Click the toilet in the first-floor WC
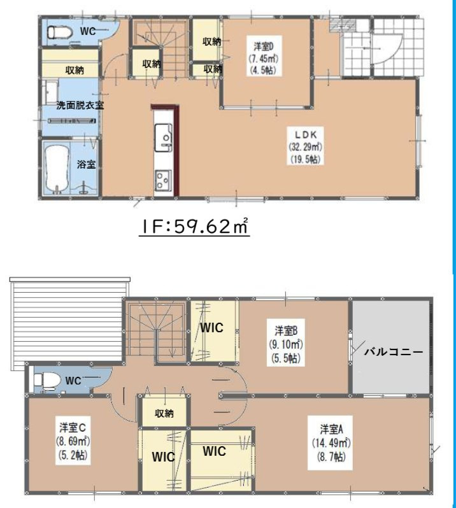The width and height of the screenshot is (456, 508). coord(59,32)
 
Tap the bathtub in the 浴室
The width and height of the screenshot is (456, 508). coord(57,169)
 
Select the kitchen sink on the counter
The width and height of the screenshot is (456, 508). coord(163,138)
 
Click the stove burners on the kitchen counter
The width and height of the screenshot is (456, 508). coord(163,180)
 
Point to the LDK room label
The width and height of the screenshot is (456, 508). coord(305,147)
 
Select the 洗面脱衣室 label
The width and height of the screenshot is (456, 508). coord(80,105)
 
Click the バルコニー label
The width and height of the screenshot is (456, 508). coord(394,351)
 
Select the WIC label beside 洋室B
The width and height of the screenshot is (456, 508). coord(211,328)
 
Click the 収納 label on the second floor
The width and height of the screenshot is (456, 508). coord(164,413)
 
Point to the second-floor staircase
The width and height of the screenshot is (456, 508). coord(155,330)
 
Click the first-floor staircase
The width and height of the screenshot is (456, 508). coord(159,48)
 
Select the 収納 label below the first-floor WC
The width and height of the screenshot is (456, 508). coord(75,69)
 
